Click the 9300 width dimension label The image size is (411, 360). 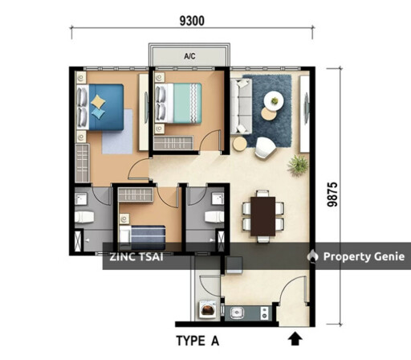tap(192, 21)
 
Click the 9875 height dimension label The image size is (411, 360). tap(332, 194)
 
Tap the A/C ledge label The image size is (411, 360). tap(189, 56)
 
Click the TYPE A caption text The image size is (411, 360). tap(197, 341)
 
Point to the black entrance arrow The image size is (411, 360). tap(295, 338)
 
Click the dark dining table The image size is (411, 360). tap(262, 216)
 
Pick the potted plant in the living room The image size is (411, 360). tap(298, 165)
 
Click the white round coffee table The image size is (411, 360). tap(274, 100)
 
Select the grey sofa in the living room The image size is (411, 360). tap(241, 106)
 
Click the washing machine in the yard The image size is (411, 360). tap(207, 309)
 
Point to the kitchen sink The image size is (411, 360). tap(237, 313)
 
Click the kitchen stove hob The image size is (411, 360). tap(265, 313)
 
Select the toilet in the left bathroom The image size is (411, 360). tap(84, 217)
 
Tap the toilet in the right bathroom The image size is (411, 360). tap(214, 217)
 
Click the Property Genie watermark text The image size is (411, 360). tap(364, 256)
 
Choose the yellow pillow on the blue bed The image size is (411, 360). tap(98, 102)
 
